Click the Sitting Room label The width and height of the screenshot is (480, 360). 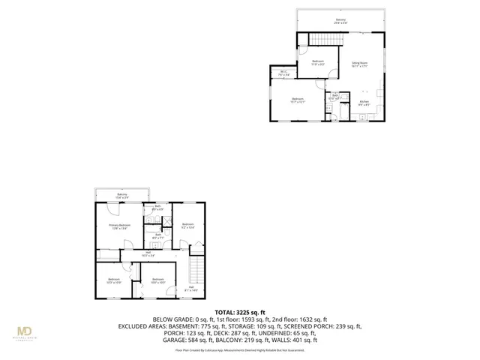[x=359, y=64]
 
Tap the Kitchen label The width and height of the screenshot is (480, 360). [x=364, y=103]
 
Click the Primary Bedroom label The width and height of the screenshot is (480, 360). [x=120, y=226]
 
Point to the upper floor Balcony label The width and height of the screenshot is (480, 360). [x=341, y=21]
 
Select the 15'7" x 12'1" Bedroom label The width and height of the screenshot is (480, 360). [x=298, y=100]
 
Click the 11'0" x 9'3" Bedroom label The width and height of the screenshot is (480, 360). [x=318, y=63]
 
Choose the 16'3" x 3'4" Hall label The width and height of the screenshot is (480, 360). [x=148, y=254]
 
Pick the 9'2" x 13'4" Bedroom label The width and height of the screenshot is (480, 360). [x=187, y=225]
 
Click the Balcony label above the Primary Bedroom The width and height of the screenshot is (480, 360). [x=121, y=196]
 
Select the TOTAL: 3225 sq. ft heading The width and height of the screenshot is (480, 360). [x=240, y=311]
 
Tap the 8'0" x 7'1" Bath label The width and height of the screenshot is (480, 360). [x=158, y=236]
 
